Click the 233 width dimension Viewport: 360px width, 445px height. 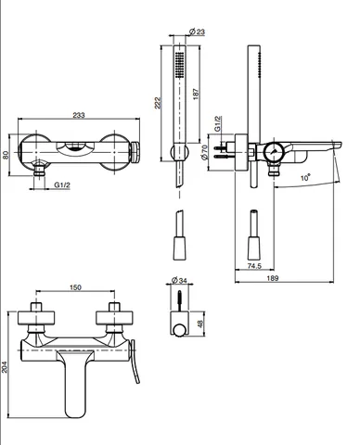tap(79, 115)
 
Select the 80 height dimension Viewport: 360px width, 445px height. tap(6, 155)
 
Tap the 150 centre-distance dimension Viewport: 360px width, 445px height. tap(75, 287)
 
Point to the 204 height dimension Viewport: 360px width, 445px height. tap(5, 367)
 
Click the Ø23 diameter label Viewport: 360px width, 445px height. tap(197, 32)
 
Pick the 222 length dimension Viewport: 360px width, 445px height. tap(158, 103)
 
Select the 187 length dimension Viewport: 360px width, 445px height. tap(196, 94)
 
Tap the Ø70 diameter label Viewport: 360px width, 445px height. tap(204, 152)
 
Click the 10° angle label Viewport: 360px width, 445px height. tap(305, 178)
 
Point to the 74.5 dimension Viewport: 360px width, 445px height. tap(254, 265)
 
